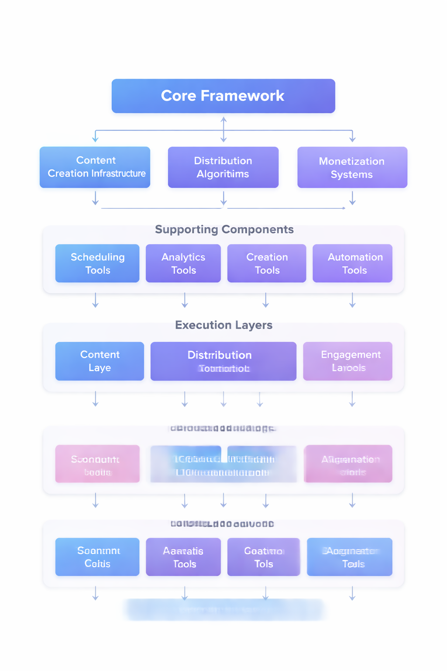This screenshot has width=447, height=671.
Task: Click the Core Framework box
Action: (x=223, y=96)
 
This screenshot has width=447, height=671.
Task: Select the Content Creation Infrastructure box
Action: (x=95, y=167)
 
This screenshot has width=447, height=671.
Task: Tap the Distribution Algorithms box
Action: (x=223, y=167)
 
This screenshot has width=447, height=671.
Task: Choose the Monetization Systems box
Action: (x=352, y=167)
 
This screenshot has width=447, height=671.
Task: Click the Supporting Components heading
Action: (x=224, y=229)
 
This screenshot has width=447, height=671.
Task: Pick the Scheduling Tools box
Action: (x=97, y=263)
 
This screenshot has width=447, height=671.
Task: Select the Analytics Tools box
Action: (x=183, y=263)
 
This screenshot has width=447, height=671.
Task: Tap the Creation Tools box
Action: (x=267, y=263)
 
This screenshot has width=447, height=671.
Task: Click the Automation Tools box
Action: (x=352, y=263)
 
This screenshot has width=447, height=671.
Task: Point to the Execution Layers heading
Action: (x=223, y=325)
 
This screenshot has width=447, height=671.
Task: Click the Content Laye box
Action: (x=100, y=361)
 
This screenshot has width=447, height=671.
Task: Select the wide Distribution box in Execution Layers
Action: (x=223, y=361)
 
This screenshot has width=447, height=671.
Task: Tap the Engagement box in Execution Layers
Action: (x=348, y=361)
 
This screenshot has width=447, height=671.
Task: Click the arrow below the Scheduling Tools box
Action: (x=96, y=301)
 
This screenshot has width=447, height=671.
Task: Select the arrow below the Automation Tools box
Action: (x=352, y=301)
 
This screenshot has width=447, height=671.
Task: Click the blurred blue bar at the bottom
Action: (x=225, y=610)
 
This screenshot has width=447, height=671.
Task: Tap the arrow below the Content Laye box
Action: (x=96, y=399)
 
